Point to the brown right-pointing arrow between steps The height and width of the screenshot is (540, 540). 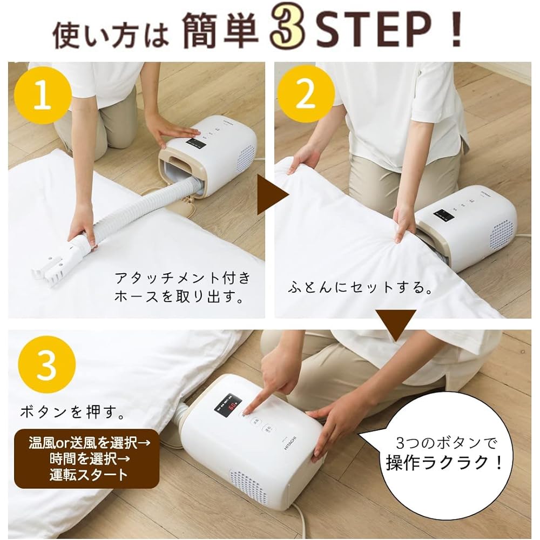[x=272, y=197]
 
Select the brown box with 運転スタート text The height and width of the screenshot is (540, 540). [x=86, y=460]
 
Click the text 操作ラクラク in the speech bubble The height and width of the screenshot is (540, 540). [x=444, y=462]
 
